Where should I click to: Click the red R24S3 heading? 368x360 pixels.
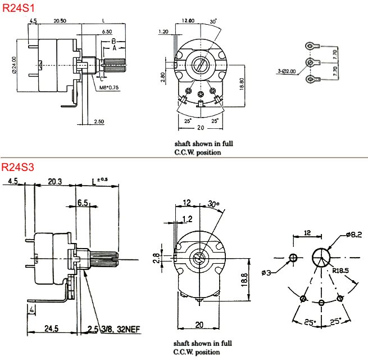click(x=19, y=167)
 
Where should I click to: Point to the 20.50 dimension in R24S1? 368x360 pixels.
click(x=60, y=21)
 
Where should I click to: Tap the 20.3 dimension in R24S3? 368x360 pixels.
click(x=54, y=182)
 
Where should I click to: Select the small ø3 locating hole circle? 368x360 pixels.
click(x=293, y=258)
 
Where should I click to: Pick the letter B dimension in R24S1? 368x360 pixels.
click(x=113, y=42)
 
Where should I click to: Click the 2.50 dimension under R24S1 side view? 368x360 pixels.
click(x=99, y=121)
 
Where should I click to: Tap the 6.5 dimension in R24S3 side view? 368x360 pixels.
click(x=83, y=202)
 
